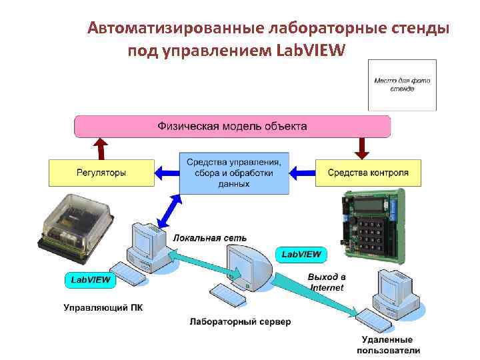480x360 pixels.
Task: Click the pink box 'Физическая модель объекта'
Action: click(232, 126)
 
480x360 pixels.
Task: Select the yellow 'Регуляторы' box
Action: click(101, 173)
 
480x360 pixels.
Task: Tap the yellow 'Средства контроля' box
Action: click(368, 173)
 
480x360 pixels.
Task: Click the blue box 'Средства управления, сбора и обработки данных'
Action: click(234, 173)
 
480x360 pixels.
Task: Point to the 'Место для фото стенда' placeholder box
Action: click(402, 85)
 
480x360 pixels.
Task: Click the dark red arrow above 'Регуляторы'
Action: click(101, 148)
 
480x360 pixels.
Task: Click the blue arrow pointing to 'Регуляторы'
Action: click(167, 173)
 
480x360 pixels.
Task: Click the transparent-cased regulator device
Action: click(74, 226)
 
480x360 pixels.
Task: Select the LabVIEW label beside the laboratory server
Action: click(301, 254)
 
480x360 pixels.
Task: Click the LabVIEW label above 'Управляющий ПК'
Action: click(91, 280)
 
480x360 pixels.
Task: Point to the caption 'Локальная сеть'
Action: click(209, 237)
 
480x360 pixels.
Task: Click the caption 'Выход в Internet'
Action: click(327, 282)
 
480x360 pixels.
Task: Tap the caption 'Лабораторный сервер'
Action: click(240, 322)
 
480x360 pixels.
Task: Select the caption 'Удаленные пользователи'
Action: click(389, 345)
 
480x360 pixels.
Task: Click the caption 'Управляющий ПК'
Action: click(103, 308)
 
